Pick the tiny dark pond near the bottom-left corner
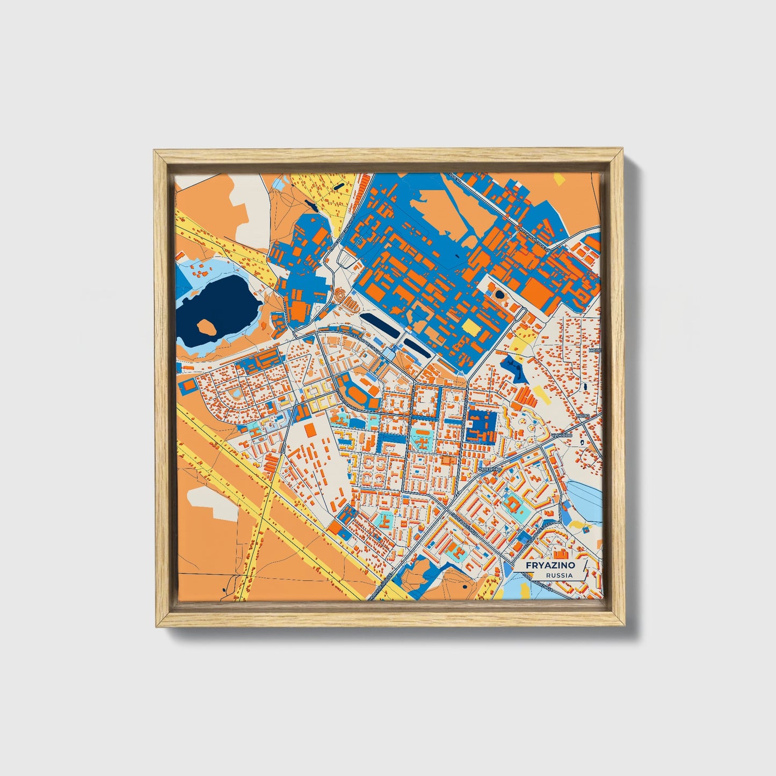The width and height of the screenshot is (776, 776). [x=224, y=589]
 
